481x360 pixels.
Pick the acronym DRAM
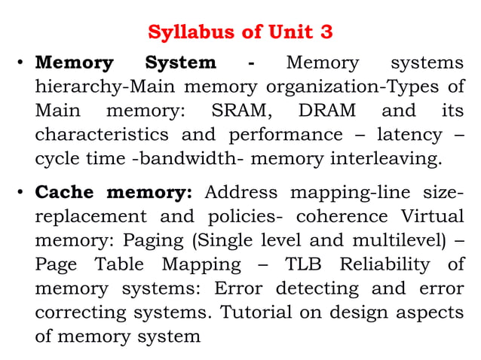coord(327,111)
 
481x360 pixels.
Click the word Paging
coord(142,240)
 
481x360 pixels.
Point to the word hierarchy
coord(67,87)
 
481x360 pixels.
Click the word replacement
coord(91,216)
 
